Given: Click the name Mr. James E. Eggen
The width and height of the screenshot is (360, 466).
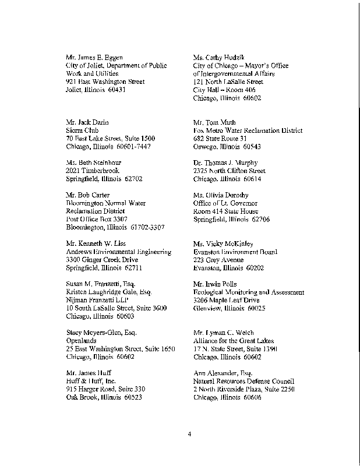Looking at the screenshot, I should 94,58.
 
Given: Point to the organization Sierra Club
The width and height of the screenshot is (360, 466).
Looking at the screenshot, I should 81,130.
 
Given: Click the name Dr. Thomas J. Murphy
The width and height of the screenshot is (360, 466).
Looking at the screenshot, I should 225,163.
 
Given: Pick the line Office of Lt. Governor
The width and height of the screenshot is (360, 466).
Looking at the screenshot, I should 225,203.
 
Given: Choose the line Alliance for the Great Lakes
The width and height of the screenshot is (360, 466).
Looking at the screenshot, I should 234,341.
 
